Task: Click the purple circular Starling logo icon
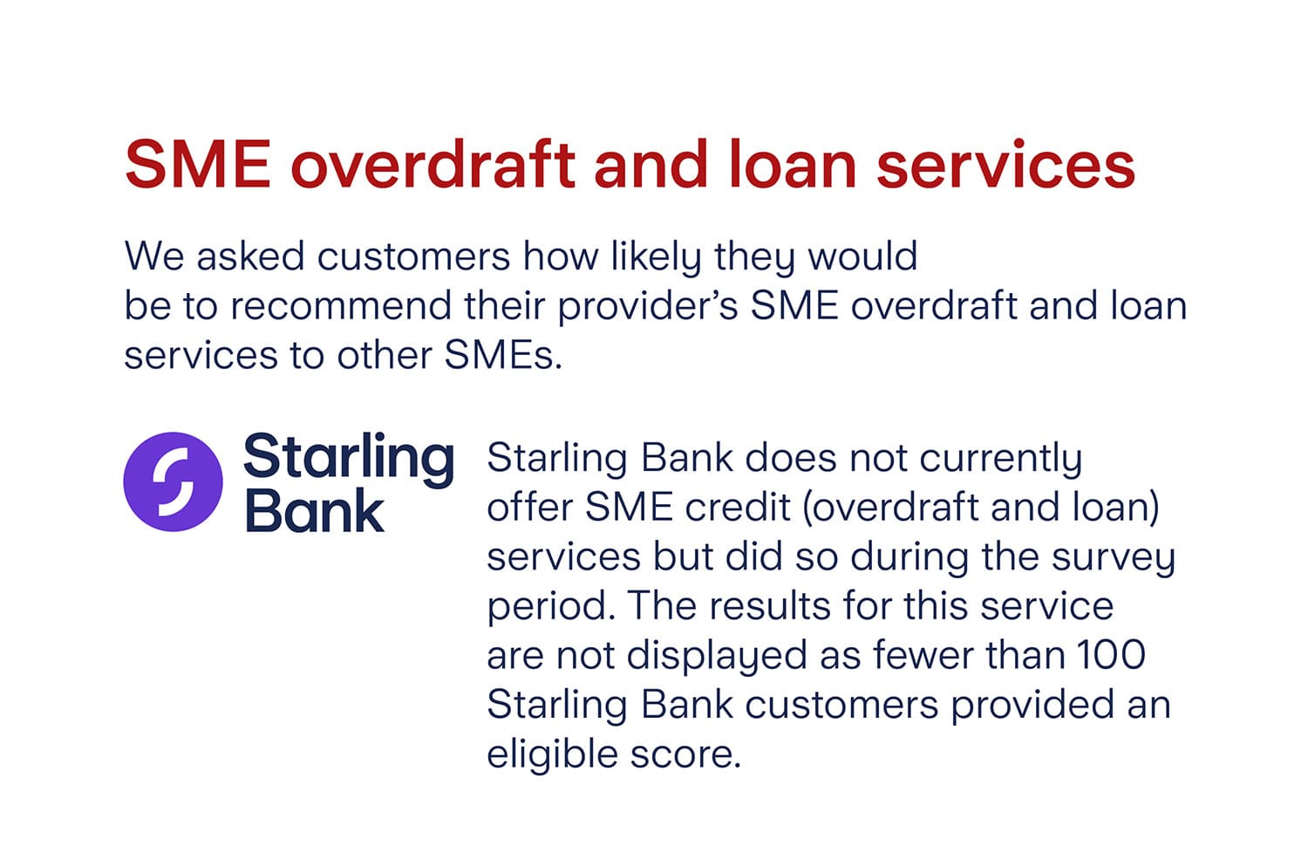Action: pos(173,481)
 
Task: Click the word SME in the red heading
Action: pos(198,164)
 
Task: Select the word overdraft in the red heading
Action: pos(433,164)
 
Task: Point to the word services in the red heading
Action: pos(1005,164)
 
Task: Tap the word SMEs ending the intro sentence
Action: pos(502,355)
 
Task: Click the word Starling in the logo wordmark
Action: pos(349,458)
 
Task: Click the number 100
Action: pos(1110,655)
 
